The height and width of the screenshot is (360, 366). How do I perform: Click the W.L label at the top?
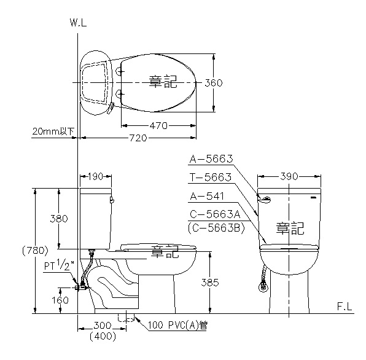78,23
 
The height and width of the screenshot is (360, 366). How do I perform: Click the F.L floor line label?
345,307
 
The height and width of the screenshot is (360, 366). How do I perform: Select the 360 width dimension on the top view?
213,83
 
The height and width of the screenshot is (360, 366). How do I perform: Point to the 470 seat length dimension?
158,126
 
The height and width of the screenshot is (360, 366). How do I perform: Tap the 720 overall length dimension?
138,138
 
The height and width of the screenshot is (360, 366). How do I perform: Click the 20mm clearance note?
53,131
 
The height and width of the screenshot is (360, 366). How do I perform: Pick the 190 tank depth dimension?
96,176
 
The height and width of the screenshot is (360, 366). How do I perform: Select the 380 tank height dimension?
59,219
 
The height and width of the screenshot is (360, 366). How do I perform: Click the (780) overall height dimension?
35,251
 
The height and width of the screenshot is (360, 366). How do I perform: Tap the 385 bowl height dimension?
210,283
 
